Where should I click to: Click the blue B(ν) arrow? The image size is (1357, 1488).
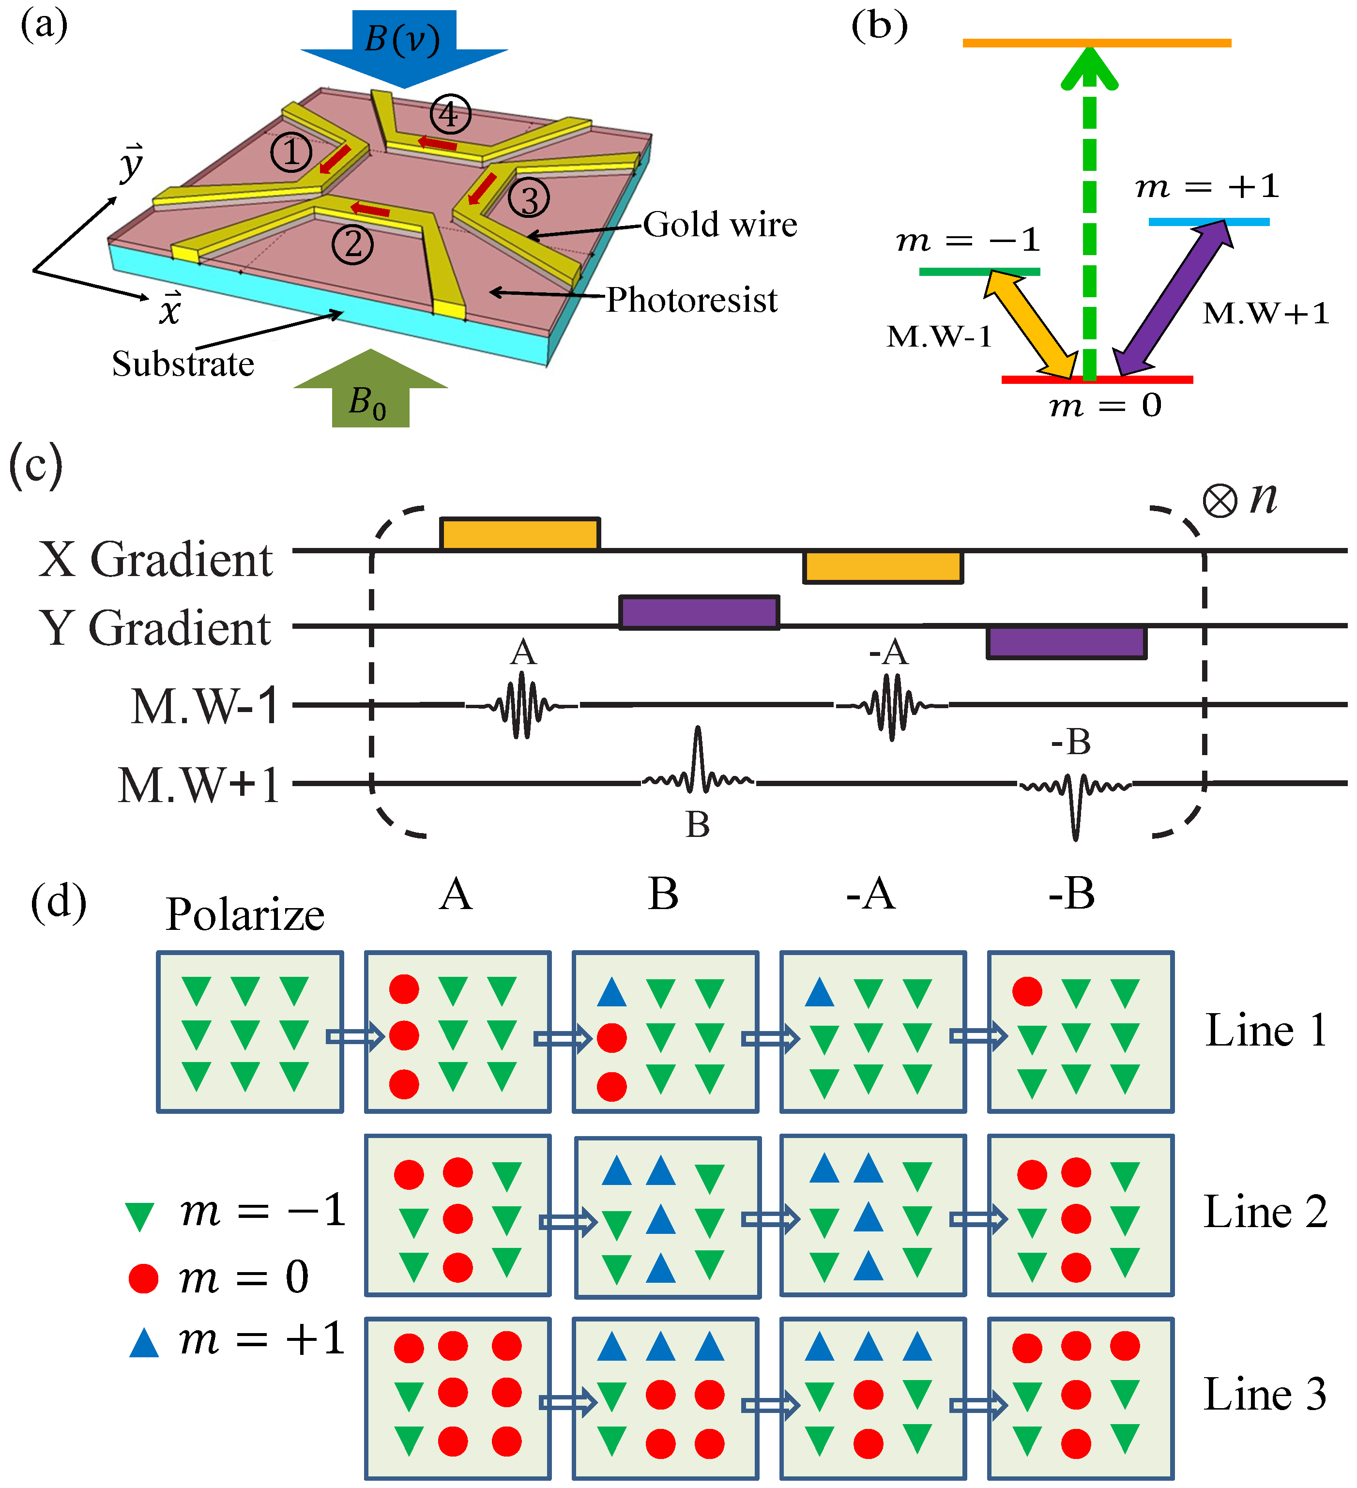click(x=404, y=44)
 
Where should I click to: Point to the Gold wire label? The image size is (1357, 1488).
click(x=720, y=225)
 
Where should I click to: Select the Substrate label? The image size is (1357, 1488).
click(x=183, y=364)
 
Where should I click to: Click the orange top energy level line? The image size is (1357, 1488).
click(x=1097, y=43)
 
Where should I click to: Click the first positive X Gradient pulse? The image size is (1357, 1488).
click(x=520, y=533)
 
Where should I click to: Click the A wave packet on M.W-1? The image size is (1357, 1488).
click(x=523, y=705)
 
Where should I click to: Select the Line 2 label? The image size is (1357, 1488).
click(x=1266, y=1213)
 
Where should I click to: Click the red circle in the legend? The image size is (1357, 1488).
click(x=143, y=1277)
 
